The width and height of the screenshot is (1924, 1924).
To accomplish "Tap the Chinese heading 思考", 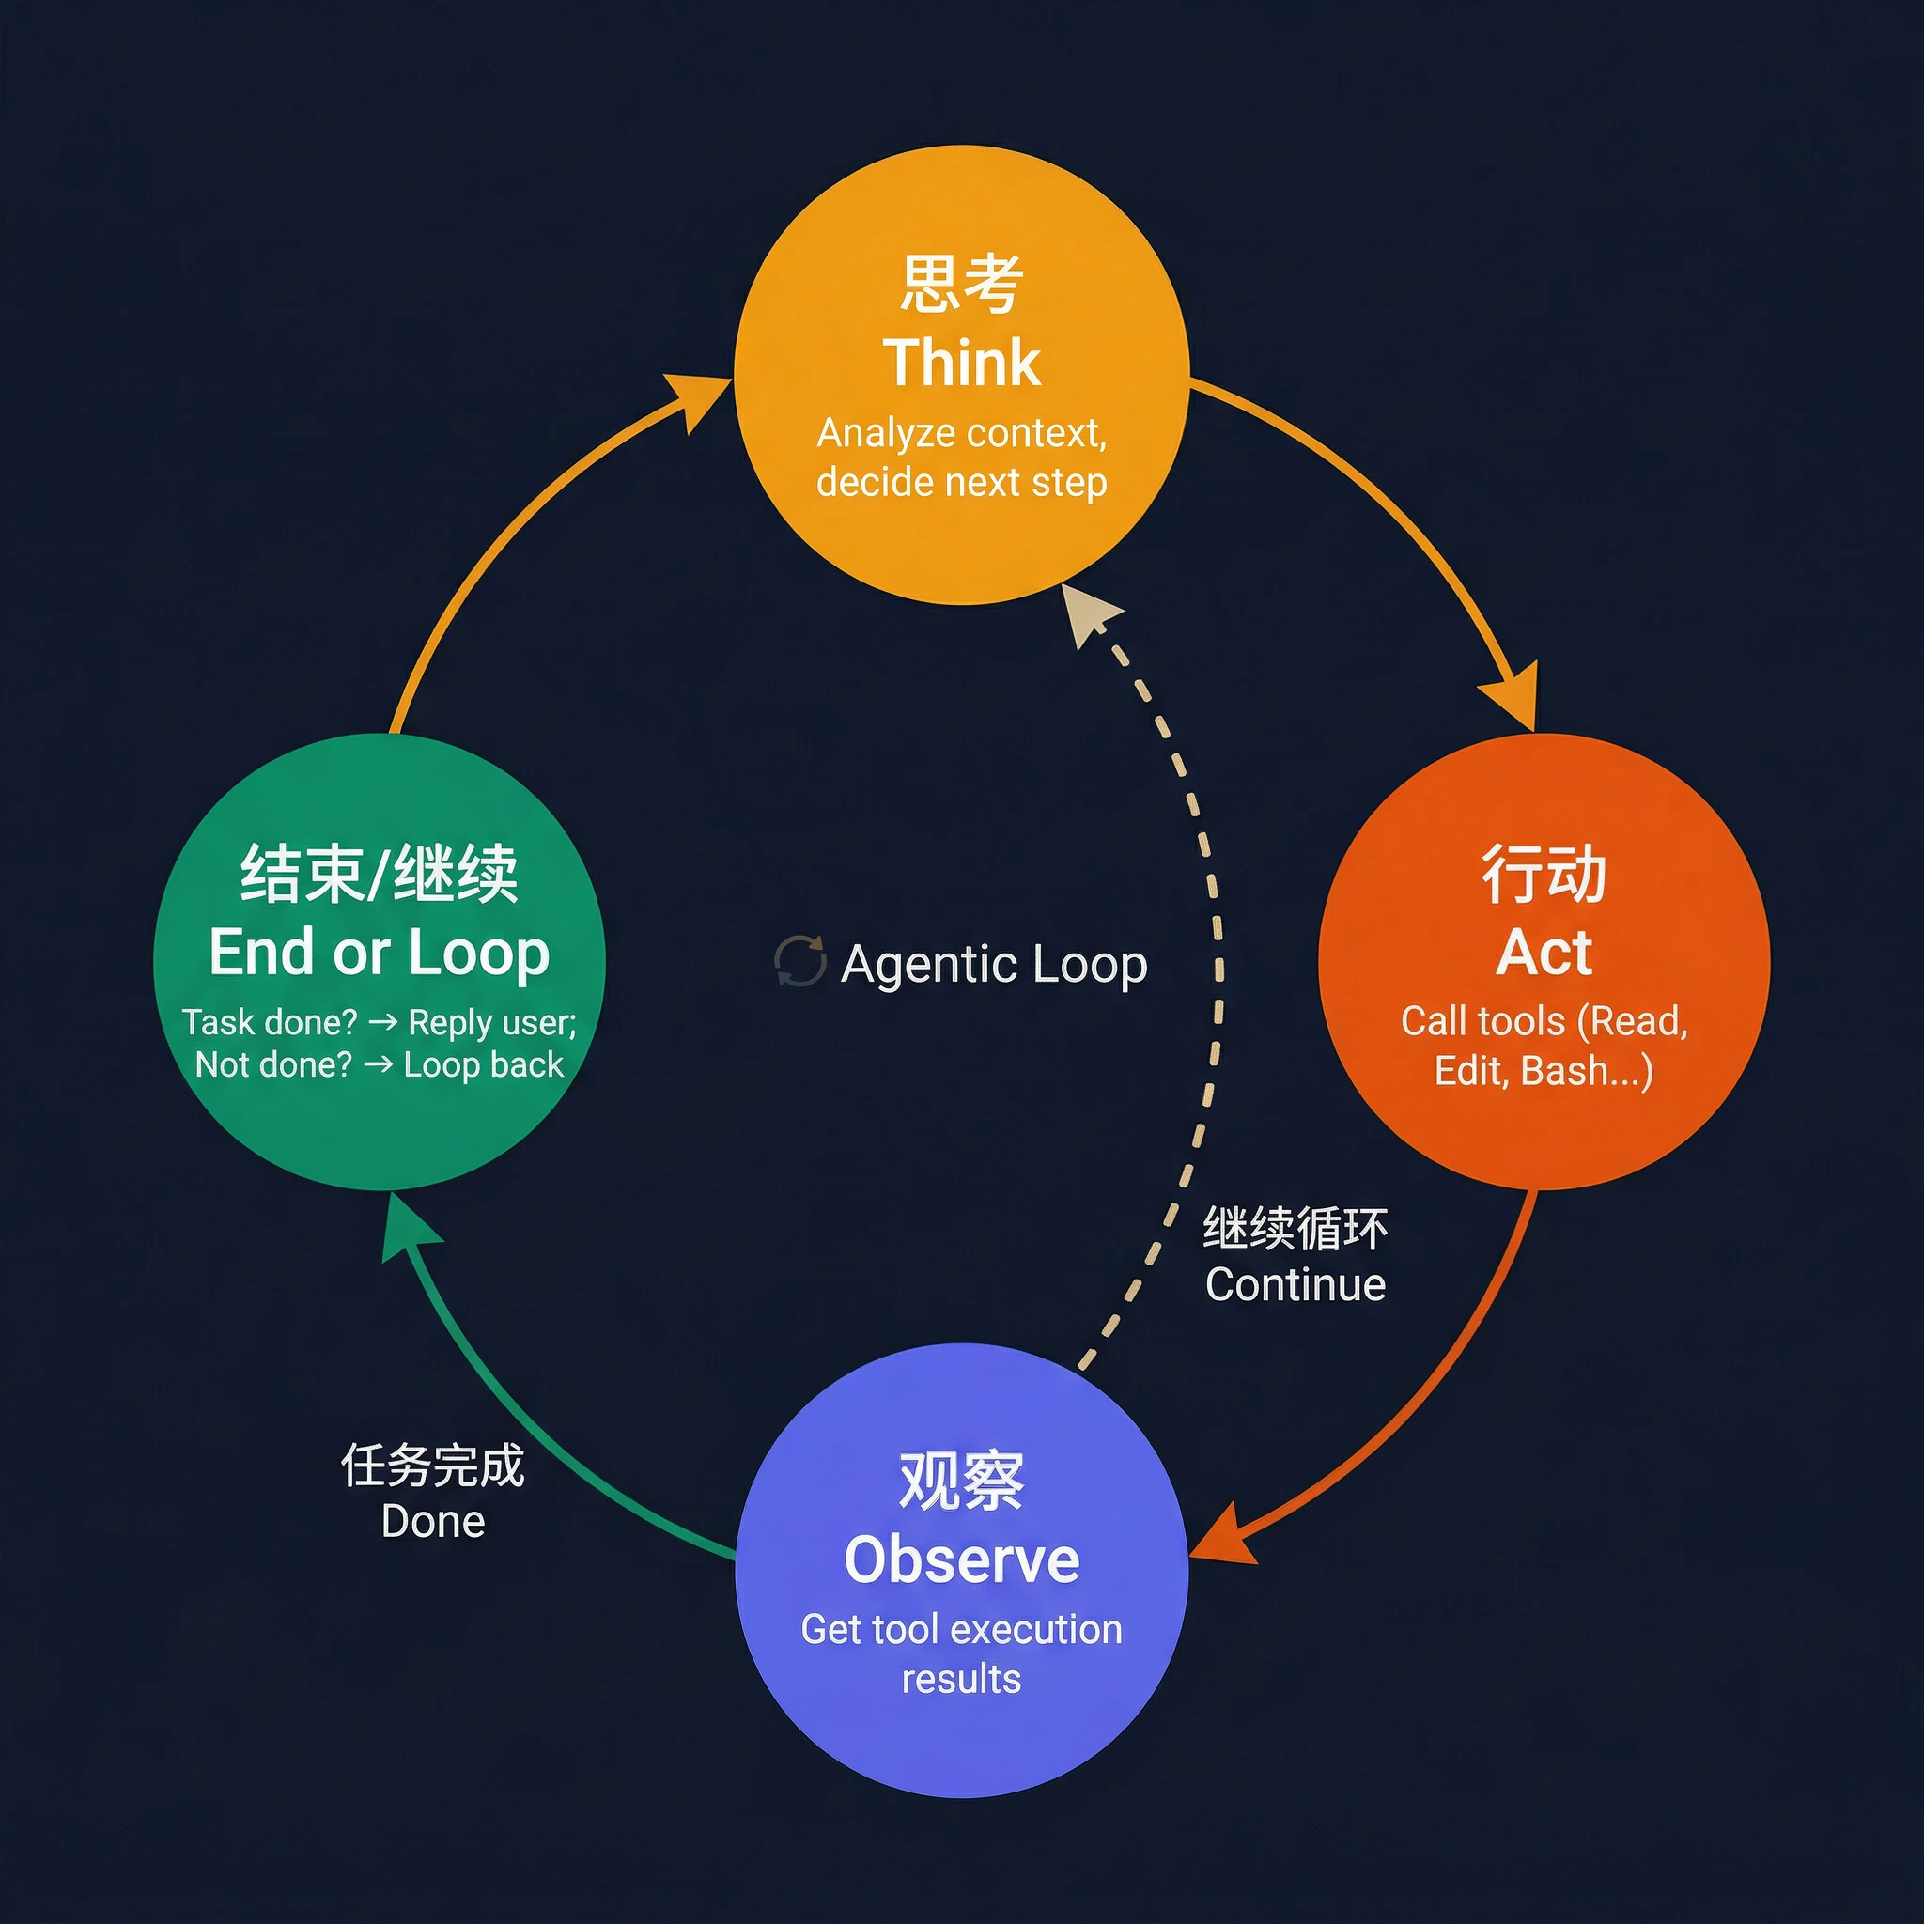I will point(961,284).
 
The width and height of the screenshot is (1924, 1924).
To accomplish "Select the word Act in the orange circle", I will point(1544,952).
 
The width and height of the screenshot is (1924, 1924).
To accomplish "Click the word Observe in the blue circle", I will point(961,1559).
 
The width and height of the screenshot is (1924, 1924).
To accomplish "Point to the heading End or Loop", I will point(379,952).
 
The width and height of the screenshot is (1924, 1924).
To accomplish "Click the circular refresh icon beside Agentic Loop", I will point(799,961).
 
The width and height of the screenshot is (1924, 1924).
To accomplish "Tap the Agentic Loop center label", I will point(993,963).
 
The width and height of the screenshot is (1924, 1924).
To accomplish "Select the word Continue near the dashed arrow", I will point(1295,1284).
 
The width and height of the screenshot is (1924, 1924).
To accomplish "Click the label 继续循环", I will point(1295,1229).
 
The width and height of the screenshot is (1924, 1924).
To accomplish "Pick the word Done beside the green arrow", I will point(433,1522).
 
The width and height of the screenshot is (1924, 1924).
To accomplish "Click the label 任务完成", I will point(433,1466).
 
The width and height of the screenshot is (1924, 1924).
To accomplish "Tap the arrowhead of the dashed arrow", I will point(1088,613).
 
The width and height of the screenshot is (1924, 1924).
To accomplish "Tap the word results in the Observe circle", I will point(961,1679).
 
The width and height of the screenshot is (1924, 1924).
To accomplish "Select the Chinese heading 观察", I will point(961,1482).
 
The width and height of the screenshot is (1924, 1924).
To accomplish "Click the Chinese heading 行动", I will point(1544,875).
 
